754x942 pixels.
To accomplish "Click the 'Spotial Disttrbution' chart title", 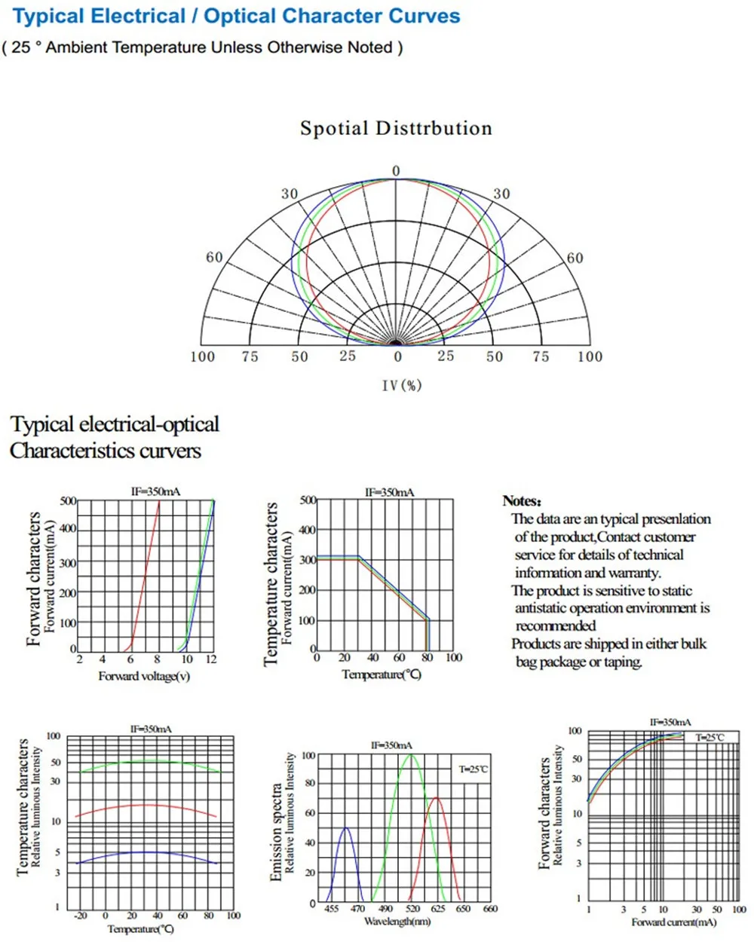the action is [x=396, y=128].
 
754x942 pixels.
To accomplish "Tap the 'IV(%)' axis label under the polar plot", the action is [x=402, y=386].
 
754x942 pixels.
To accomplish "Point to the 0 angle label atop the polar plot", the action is [x=396, y=171].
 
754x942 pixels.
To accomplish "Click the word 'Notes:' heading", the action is [x=522, y=500].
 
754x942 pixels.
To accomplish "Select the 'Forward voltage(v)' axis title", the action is [x=144, y=676].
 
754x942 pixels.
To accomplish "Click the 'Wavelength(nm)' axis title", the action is [x=397, y=922].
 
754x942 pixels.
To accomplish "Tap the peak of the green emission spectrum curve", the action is [x=410, y=754].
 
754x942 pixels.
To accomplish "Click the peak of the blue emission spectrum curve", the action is [x=346, y=827].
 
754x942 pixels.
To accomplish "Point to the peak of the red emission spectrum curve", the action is [x=436, y=797].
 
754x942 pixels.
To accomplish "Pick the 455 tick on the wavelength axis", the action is [x=332, y=909].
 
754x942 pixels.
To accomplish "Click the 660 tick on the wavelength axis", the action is [x=490, y=909].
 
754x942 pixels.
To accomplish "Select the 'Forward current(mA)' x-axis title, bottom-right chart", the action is [x=674, y=922].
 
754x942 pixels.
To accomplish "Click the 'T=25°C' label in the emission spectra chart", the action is [x=473, y=769].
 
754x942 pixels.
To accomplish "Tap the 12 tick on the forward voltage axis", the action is [x=211, y=659].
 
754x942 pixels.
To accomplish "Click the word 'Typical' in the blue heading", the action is [x=48, y=17].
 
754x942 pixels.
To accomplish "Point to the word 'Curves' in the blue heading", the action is [x=424, y=16].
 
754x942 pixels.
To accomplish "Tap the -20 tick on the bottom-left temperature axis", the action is [x=80, y=915].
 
